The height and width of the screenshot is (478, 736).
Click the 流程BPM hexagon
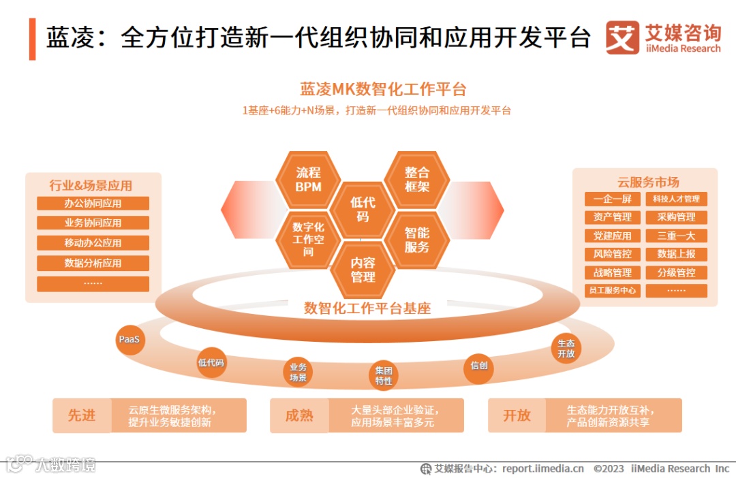pos(308,180)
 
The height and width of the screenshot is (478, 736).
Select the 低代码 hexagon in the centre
pos(363,209)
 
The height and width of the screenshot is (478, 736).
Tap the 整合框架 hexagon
pos(417,180)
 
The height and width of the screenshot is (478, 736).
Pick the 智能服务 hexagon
pos(417,240)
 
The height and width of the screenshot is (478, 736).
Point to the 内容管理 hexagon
pos(363,269)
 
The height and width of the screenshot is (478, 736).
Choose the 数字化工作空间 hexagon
pos(308,239)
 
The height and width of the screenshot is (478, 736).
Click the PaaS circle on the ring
pos(129,340)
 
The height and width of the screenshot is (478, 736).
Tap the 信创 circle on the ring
pos(479,366)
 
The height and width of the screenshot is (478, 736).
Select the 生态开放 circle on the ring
pos(566,349)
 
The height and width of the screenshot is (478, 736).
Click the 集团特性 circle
pos(384,376)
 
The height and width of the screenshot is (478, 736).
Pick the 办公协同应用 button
pos(93,204)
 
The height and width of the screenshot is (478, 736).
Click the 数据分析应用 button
pos(93,264)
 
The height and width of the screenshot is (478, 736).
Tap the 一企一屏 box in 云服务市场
pos(613,199)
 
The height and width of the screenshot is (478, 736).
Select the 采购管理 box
pos(676,217)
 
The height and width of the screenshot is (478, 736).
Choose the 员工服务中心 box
pos(613,291)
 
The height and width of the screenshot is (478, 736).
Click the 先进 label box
pos(82,415)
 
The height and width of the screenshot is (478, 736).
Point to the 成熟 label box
pos(299,415)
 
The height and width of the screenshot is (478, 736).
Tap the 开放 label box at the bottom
pos(517,415)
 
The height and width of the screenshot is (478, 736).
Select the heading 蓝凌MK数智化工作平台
pos(383,90)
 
